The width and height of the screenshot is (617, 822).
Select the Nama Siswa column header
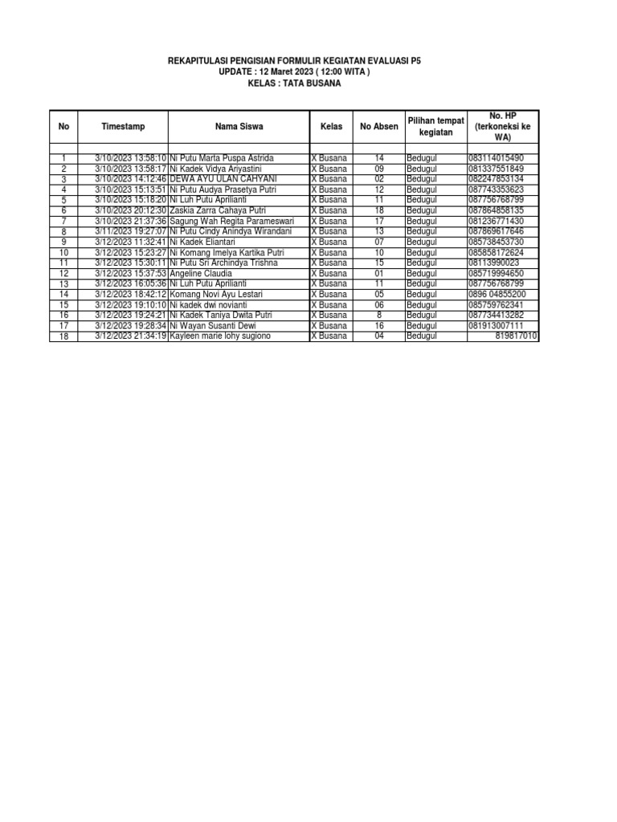tap(239, 127)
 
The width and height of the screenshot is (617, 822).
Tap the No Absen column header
tap(379, 127)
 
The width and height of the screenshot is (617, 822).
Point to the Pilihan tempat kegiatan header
tap(435, 126)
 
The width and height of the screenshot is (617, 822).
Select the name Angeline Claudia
tap(201, 274)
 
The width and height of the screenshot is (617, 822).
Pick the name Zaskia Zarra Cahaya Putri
tap(217, 210)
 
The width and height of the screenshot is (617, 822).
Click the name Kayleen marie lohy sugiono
tap(220, 336)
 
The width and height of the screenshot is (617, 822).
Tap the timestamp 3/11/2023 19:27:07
tap(130, 231)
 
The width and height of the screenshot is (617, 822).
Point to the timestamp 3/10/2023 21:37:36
tap(130, 221)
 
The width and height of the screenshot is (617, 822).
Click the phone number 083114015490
tap(496, 159)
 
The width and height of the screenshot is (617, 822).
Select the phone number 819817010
tap(516, 336)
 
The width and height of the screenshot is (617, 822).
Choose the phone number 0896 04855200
tap(497, 295)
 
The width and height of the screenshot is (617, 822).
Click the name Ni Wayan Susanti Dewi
tap(212, 326)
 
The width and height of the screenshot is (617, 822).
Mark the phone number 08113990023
tap(493, 263)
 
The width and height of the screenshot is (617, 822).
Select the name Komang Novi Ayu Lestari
tap(217, 295)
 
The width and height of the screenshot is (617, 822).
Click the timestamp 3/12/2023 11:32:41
tap(130, 242)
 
